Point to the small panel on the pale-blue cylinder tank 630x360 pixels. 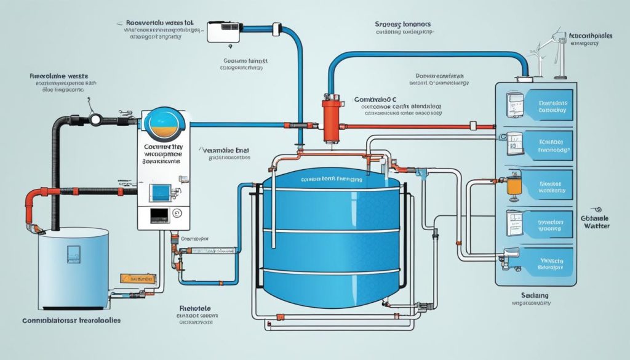pos(74,253)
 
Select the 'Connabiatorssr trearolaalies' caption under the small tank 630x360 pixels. pos(73,321)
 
